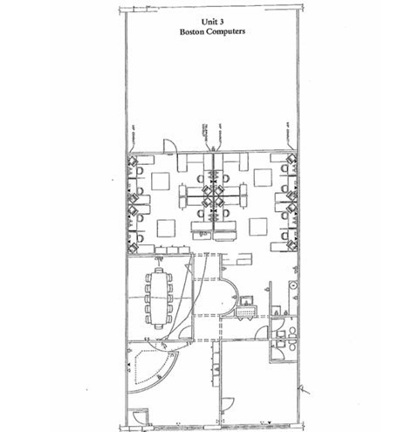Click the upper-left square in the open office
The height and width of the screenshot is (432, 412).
click(x=161, y=181)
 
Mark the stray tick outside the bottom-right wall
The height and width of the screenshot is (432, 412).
click(x=305, y=390)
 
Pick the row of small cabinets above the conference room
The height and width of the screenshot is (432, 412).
click(x=166, y=250)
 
